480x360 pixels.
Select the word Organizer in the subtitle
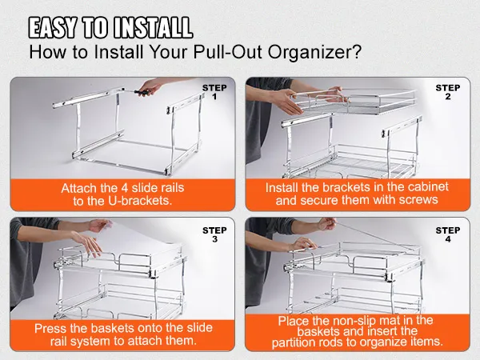[x=315, y=54]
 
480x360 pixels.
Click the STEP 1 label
[x=214, y=92]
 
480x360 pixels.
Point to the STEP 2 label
[x=448, y=92]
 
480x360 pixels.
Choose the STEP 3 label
[x=214, y=235]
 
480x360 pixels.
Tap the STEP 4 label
[x=448, y=235]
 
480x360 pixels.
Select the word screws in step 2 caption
[x=417, y=199]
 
